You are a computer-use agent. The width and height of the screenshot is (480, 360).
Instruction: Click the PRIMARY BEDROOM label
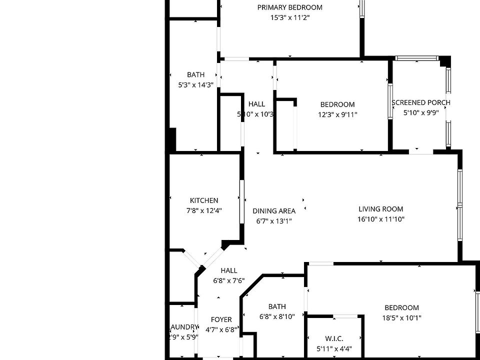pos(290,7)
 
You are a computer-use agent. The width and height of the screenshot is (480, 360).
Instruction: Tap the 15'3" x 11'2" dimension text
pos(290,17)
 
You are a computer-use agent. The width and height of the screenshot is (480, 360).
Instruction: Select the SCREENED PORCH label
pos(420,102)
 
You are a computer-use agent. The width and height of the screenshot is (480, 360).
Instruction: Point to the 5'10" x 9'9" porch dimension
pos(421,113)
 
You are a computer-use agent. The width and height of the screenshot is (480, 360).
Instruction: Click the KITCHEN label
pos(204,200)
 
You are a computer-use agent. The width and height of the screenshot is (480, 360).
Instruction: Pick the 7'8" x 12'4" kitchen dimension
pos(204,210)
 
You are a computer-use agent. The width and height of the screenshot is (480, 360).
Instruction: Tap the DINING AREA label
pos(274,211)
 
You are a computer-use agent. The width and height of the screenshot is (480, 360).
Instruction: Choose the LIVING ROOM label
pos(381,209)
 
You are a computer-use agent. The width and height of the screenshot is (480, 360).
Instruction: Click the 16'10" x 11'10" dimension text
pos(381,219)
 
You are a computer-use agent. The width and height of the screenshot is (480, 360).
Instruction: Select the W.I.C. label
pos(334,339)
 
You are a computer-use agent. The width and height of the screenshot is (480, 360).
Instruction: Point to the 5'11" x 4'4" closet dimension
pos(334,349)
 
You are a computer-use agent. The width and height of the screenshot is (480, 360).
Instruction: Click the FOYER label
pos(221,319)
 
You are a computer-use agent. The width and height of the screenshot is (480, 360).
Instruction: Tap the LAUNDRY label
pos(184,327)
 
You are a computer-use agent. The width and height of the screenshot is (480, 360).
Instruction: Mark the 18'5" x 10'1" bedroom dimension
pos(402,317)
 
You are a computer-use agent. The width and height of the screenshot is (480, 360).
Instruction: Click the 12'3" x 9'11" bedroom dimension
pos(337,114)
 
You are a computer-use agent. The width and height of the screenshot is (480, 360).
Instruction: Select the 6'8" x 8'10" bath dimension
pos(277,316)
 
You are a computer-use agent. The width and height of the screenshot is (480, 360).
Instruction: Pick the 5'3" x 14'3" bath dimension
pos(196,85)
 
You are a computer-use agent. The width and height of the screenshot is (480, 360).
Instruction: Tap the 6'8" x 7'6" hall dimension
pos(229,280)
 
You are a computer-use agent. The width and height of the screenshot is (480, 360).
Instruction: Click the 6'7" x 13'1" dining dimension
pos(274,221)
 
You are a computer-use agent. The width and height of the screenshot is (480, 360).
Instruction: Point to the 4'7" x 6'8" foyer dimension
pos(221,329)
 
